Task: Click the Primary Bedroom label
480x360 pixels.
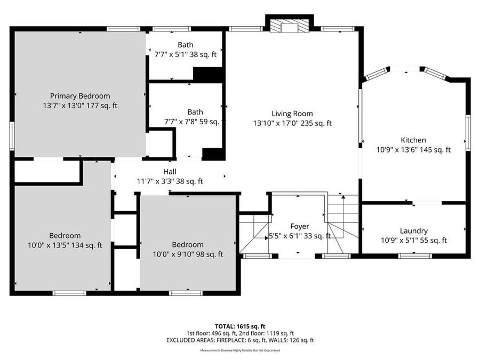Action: [x=80, y=96]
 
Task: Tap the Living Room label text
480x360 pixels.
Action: [x=292, y=114]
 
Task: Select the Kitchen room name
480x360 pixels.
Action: [x=413, y=140]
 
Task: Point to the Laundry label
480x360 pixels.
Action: [x=414, y=231]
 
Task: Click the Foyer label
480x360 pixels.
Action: [x=299, y=227]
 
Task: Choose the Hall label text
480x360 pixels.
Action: [x=170, y=172]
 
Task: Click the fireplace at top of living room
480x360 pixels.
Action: [x=289, y=26]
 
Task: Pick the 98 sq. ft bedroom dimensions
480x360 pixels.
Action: [x=187, y=254]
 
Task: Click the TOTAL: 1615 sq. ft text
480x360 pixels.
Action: [x=239, y=326]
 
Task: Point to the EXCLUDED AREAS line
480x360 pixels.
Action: [x=239, y=340]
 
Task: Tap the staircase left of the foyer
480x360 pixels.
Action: [x=254, y=233]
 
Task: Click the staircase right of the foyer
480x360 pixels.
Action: [x=342, y=224]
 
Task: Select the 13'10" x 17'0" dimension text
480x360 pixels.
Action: [x=292, y=123]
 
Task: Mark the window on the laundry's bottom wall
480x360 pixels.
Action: [x=415, y=256]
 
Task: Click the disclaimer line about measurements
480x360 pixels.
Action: [x=239, y=350]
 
